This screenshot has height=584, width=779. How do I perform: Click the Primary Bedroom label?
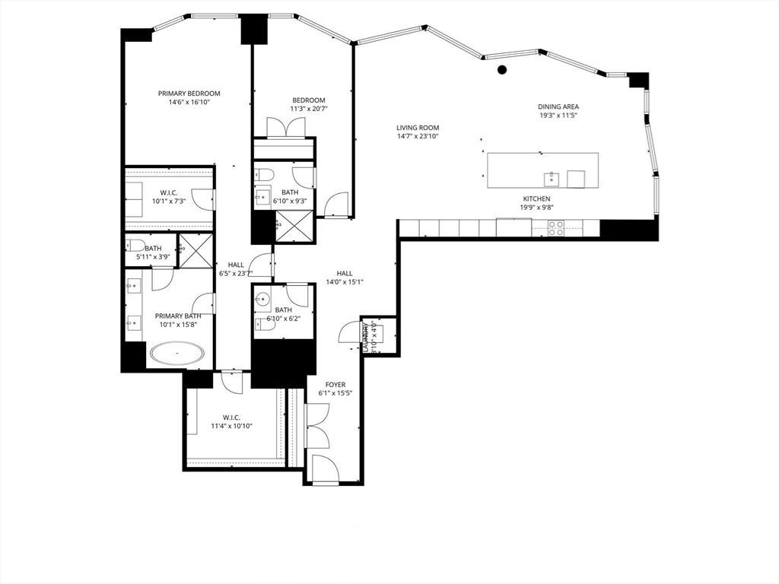[183, 94]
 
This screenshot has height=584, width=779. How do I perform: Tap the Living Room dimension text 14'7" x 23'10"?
[418, 137]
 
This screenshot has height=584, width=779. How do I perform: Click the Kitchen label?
[536, 198]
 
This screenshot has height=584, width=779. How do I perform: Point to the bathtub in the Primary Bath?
[177, 354]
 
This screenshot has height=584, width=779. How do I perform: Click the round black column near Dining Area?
[502, 70]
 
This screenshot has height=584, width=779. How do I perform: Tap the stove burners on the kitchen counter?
[556, 226]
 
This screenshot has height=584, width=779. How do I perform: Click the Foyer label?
[335, 385]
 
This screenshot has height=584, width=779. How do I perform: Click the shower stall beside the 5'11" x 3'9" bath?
[195, 251]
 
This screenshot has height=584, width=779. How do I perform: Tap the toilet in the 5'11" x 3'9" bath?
[136, 245]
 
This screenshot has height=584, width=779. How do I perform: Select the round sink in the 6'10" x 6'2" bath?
[263, 299]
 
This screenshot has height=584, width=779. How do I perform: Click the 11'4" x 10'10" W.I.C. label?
[231, 417]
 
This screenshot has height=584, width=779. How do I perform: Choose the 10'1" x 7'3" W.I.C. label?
[169, 192]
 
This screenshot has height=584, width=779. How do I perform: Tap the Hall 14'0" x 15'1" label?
[345, 273]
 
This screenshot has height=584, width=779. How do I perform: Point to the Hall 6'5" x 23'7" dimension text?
[235, 274]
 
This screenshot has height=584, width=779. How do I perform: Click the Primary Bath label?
[178, 316]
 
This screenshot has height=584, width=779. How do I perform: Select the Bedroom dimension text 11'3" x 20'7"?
[309, 109]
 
